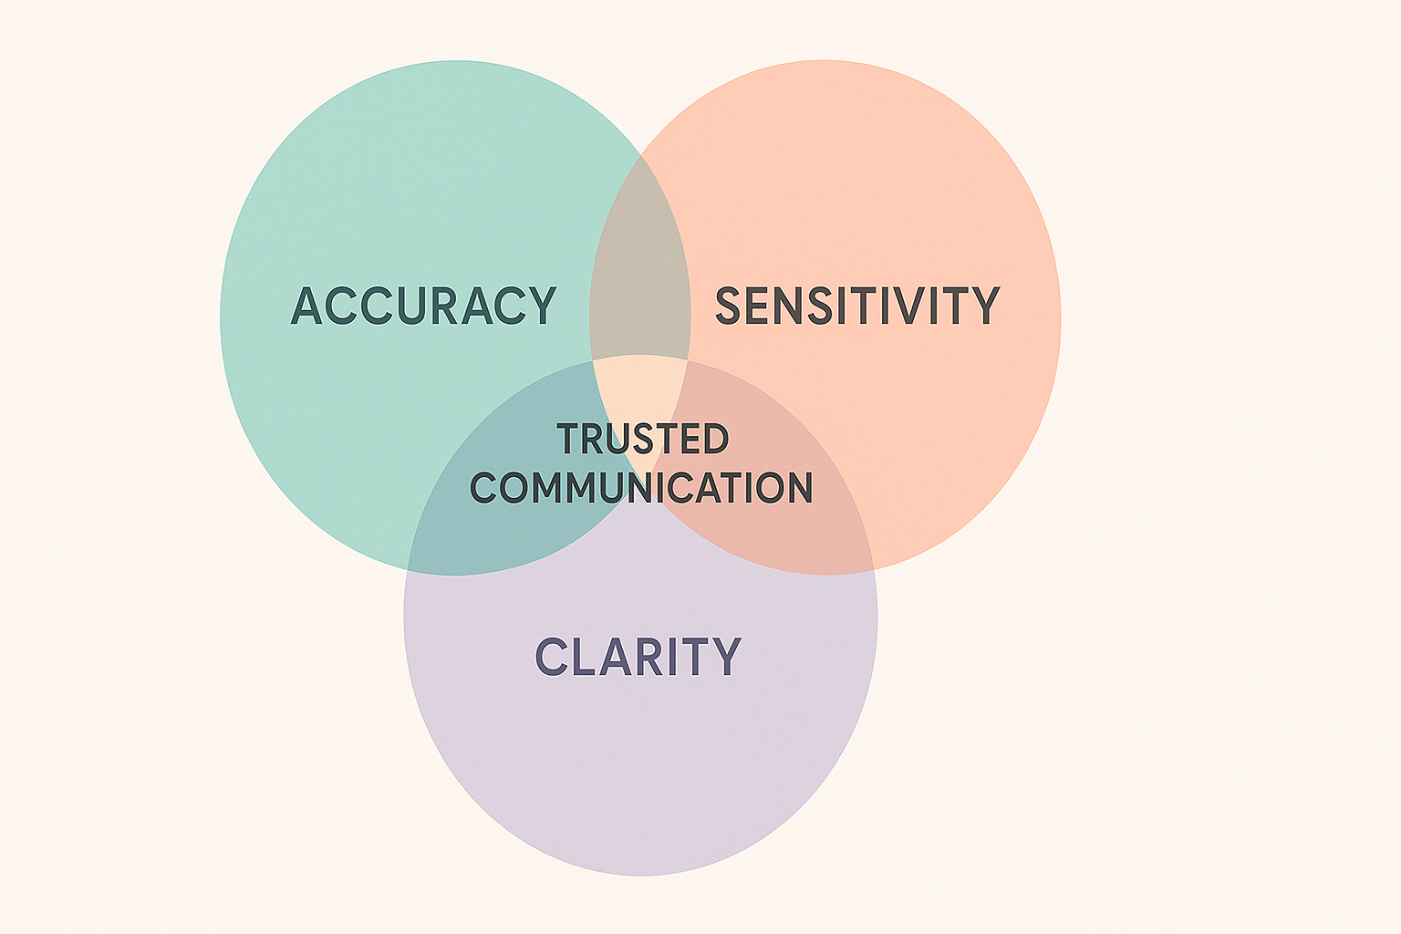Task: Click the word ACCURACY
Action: click(x=423, y=306)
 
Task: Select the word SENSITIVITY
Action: click(x=856, y=306)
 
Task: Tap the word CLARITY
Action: click(x=638, y=657)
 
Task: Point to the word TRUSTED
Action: click(x=643, y=440)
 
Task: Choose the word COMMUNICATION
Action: click(x=641, y=488)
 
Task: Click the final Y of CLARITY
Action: click(x=726, y=657)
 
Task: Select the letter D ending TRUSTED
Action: click(x=715, y=440)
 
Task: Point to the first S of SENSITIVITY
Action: click(x=730, y=306)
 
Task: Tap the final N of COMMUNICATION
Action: click(x=797, y=488)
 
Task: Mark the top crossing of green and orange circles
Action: click(x=640, y=156)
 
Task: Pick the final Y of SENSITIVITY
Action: click(x=986, y=306)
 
